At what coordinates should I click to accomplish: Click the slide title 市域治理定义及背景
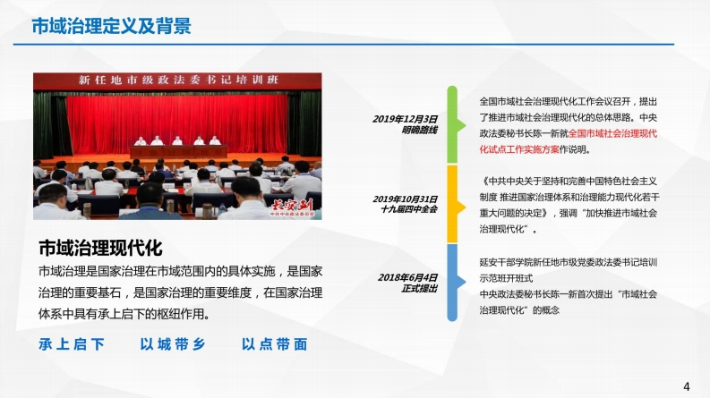click(111, 26)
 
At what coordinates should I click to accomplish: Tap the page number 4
click(687, 386)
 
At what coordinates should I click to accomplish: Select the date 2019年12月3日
click(405, 119)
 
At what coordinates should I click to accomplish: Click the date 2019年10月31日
click(405, 199)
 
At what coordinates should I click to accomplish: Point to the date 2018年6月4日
click(407, 277)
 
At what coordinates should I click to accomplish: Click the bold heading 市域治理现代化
click(100, 248)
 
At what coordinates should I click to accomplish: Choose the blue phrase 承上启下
click(72, 344)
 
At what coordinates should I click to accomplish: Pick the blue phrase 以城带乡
click(173, 344)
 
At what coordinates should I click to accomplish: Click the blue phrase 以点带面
click(274, 344)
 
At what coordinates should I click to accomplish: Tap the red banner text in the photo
click(178, 80)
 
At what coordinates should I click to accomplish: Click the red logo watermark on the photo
click(292, 208)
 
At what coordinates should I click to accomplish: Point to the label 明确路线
click(419, 131)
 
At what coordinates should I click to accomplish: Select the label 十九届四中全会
click(409, 209)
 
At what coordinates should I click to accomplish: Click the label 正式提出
click(419, 288)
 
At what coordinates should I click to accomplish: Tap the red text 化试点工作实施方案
click(519, 149)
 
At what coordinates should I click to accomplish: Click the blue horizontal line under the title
click(344, 45)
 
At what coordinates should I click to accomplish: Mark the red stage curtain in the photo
click(177, 123)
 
